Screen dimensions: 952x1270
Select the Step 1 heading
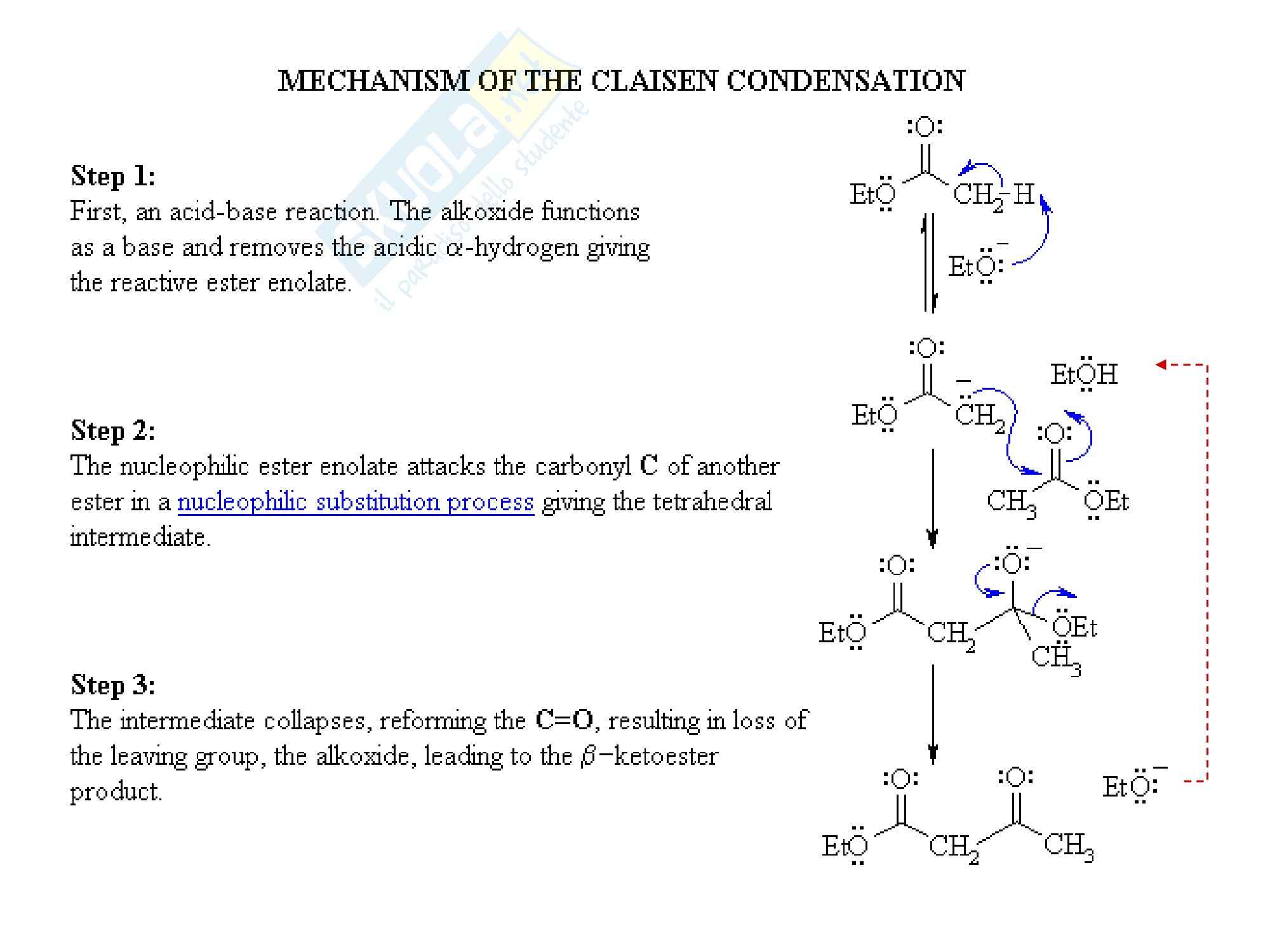(x=113, y=176)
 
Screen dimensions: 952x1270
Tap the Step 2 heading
(x=113, y=430)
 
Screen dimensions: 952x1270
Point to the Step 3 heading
(x=113, y=685)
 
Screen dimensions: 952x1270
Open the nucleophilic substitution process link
(x=356, y=502)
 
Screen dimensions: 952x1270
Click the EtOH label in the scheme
(x=1084, y=374)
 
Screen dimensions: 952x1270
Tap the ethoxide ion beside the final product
(x=1130, y=787)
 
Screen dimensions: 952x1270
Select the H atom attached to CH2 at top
(x=1023, y=194)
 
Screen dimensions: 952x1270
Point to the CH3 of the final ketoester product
(x=1069, y=845)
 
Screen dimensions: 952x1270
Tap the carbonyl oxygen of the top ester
(x=925, y=127)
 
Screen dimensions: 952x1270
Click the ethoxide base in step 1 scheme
(x=975, y=267)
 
